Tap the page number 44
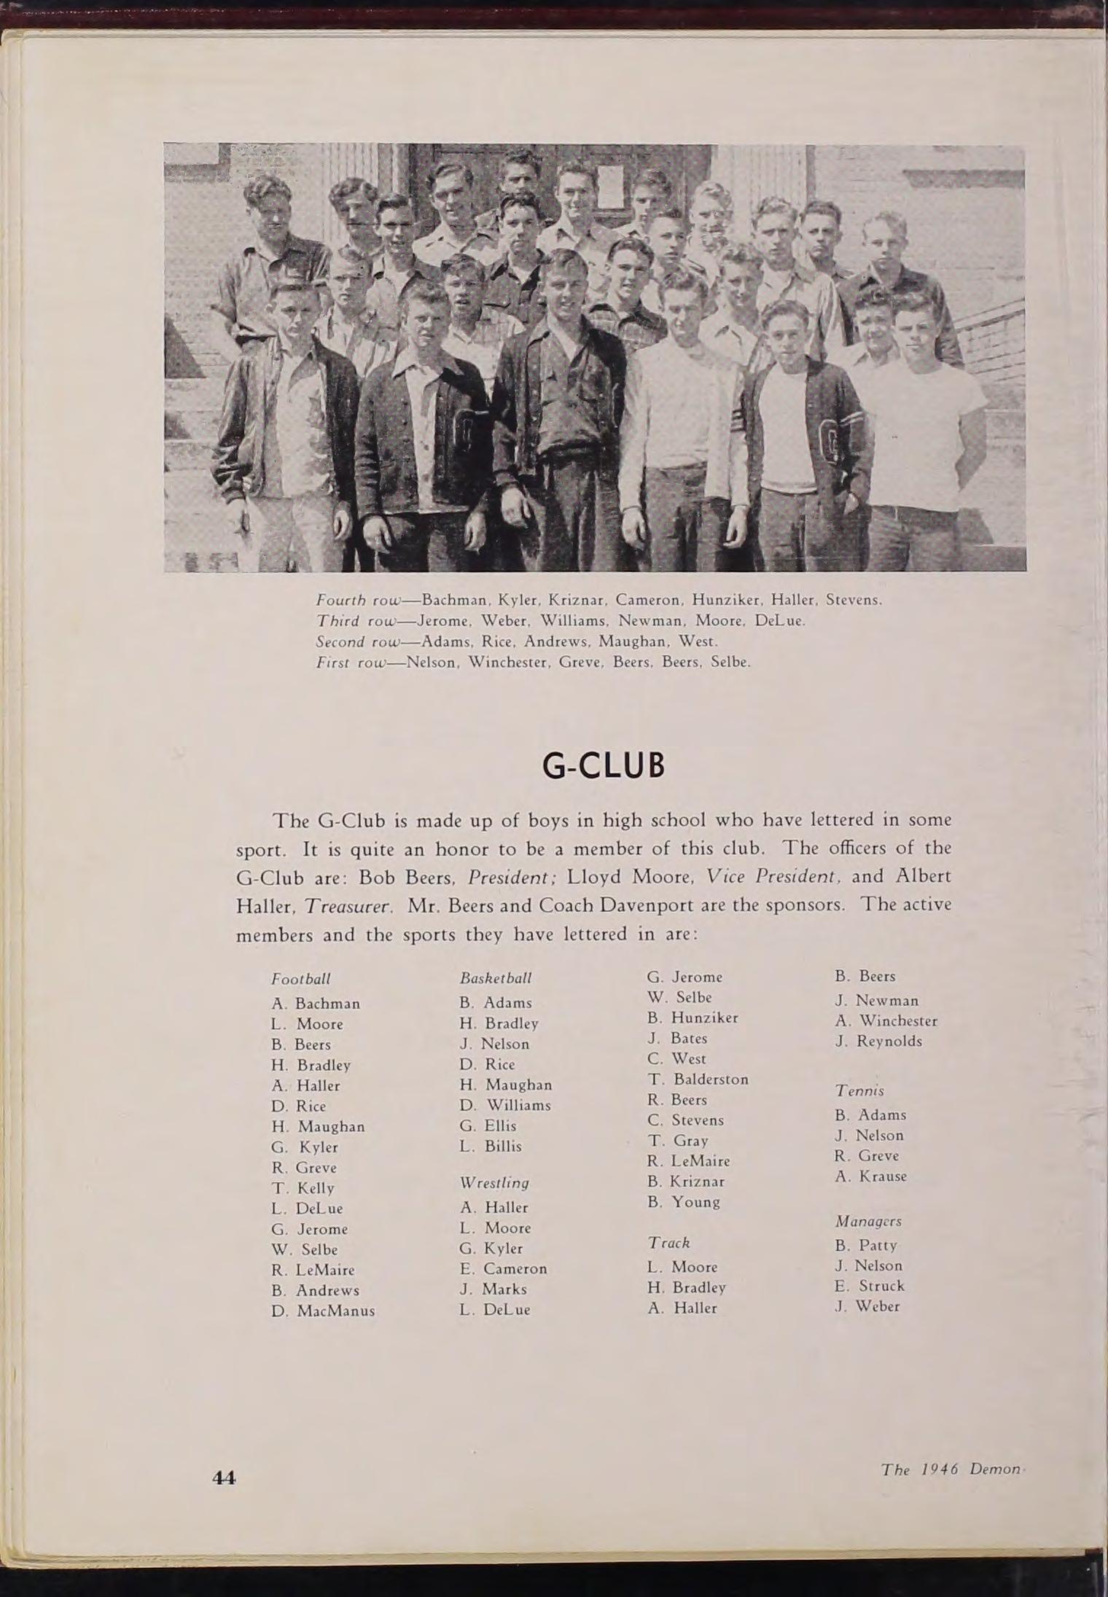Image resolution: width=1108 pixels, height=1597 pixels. [224, 1477]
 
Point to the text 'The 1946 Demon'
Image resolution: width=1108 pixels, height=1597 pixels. [950, 1469]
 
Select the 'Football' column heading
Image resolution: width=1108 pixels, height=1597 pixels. [300, 978]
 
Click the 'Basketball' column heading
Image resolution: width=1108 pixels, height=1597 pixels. [496, 978]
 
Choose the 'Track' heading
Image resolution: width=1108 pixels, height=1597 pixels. [669, 1243]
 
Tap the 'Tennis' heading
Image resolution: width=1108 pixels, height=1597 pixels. [859, 1091]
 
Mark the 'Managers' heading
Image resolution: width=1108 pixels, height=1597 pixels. [868, 1221]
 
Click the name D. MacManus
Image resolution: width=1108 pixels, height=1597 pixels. [323, 1311]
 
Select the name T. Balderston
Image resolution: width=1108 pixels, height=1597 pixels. [698, 1079]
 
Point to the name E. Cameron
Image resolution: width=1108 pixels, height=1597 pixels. [503, 1269]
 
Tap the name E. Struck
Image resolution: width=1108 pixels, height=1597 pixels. [869, 1286]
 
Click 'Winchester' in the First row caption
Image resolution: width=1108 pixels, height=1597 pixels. [507, 663]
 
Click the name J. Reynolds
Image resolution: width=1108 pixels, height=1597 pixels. [878, 1042]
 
